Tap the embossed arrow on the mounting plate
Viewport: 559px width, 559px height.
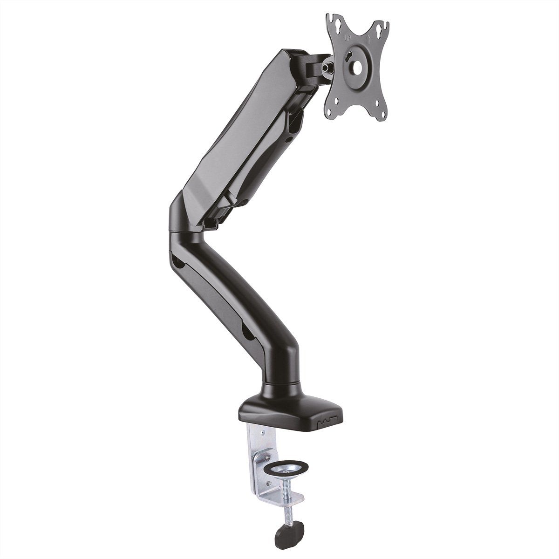pos(368,39)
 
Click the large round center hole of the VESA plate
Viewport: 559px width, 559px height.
pos(357,67)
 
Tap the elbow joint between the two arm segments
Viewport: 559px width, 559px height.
pos(186,212)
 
